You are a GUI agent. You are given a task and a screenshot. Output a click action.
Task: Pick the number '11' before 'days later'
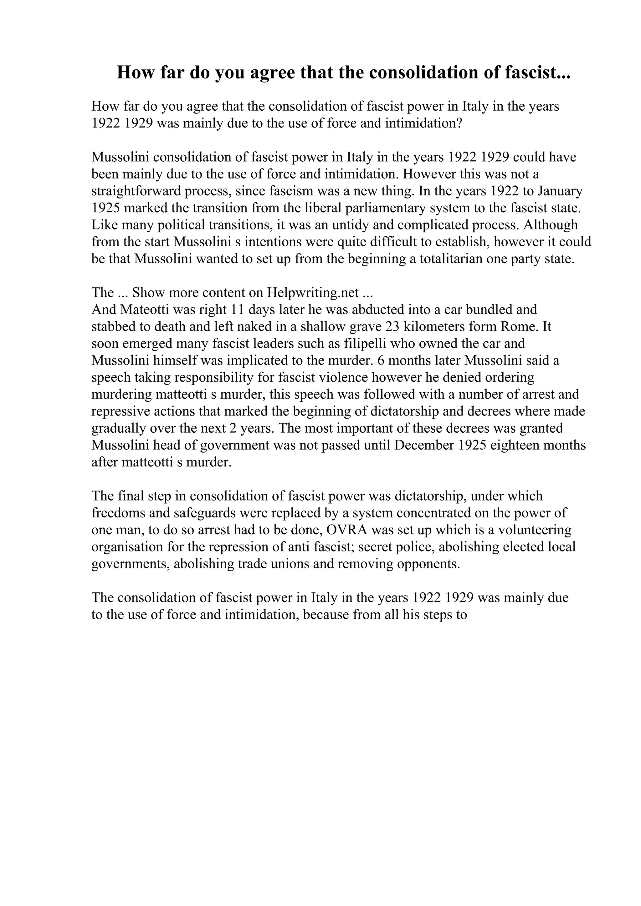[237, 310]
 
